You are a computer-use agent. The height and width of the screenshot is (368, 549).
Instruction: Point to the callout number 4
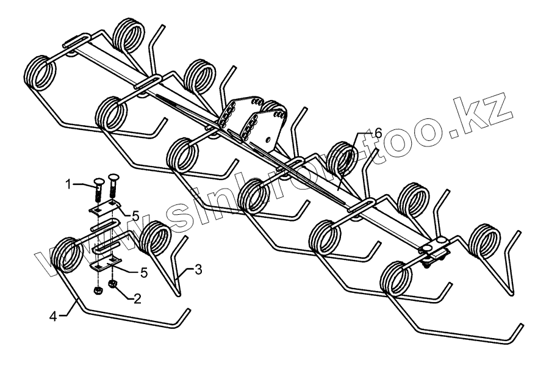click(x=54, y=316)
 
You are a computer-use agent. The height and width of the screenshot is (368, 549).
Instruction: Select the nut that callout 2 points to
click(x=112, y=284)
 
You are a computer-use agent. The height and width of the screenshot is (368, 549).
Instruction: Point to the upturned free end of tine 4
click(x=184, y=314)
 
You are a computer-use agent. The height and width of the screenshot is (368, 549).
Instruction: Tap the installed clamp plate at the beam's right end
click(x=434, y=248)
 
